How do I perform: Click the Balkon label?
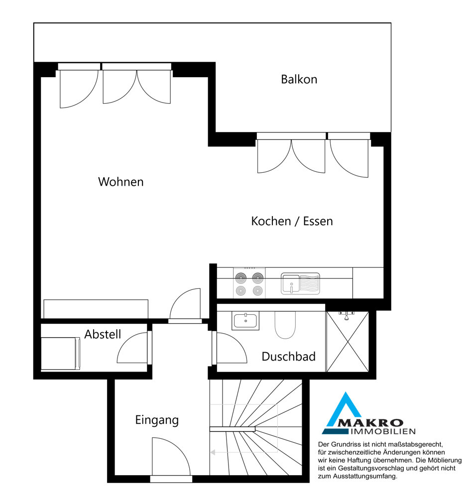299,79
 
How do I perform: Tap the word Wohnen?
121,182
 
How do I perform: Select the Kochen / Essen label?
292,222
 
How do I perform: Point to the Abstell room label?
103,334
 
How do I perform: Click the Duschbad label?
289,357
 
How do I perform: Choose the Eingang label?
157,420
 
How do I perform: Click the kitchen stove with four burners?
249,283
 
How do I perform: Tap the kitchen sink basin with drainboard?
300,284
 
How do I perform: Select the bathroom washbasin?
245,321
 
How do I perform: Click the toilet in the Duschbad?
285,325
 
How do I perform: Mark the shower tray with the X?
348,342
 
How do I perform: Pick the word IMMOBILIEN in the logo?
383,431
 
